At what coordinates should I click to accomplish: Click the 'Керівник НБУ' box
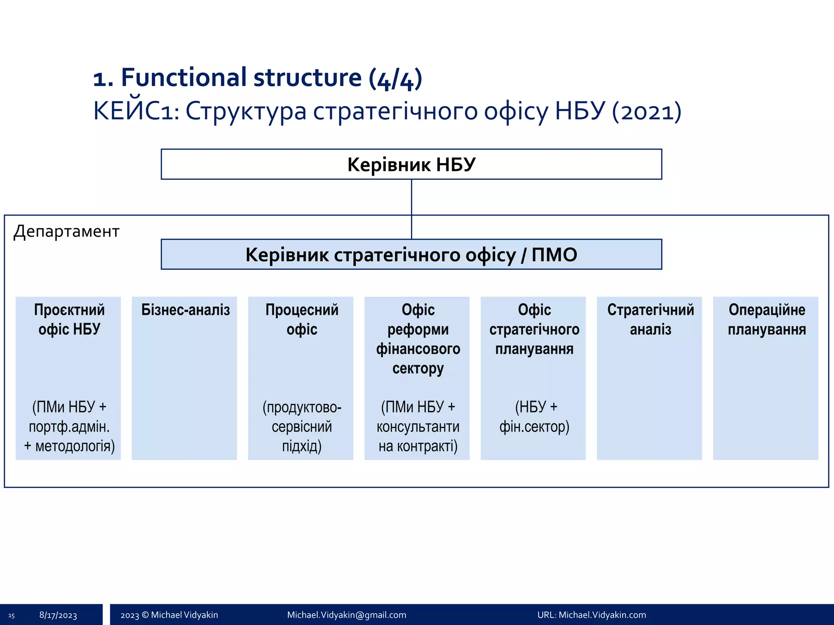[411, 164]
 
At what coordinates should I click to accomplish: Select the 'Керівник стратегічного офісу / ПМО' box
[411, 255]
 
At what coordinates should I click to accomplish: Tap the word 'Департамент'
[66, 231]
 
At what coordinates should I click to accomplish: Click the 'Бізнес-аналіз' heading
[185, 310]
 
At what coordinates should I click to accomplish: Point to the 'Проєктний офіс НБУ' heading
[69, 319]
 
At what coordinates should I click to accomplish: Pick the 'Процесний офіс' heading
[302, 319]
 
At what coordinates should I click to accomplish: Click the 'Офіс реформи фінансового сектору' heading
[418, 339]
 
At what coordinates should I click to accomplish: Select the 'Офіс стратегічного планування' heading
[534, 329]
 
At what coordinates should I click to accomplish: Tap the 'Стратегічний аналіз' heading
[650, 319]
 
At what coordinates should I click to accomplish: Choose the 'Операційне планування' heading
[766, 319]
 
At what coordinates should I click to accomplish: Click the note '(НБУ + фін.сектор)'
[535, 417]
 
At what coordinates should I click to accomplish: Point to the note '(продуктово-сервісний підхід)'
[302, 426]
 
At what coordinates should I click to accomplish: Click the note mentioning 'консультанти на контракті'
[418, 426]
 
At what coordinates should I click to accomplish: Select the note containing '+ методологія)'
[69, 426]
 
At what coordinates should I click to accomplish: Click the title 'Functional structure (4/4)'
[257, 77]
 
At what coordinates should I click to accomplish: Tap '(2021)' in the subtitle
[647, 111]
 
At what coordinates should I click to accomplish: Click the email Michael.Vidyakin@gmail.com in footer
[347, 615]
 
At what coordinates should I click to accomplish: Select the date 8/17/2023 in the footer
[58, 615]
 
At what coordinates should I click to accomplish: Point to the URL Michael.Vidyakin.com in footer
[591, 615]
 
